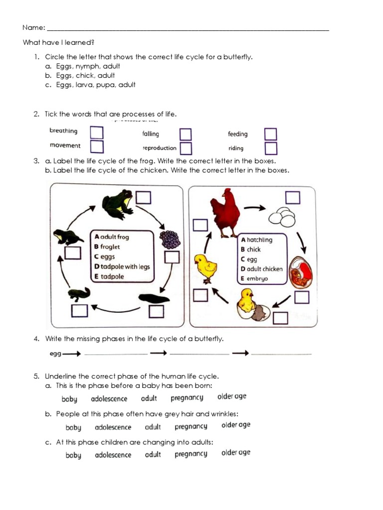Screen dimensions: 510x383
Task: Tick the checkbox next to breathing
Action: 97,132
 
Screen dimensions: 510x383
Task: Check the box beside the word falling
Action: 186,134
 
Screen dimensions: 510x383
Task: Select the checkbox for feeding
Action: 271,134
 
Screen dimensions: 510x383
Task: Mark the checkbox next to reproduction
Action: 186,148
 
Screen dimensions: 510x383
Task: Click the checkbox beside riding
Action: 271,148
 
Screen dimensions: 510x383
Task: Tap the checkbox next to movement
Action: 97,146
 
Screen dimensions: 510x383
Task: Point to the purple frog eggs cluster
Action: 169,240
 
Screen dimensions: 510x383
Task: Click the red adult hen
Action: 225,212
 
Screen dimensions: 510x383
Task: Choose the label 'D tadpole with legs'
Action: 122,266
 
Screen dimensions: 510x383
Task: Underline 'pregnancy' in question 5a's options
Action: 187,397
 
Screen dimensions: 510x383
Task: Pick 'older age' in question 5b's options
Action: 236,425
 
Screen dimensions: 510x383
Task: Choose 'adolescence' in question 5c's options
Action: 113,455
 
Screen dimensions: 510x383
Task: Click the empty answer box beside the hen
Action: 200,225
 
